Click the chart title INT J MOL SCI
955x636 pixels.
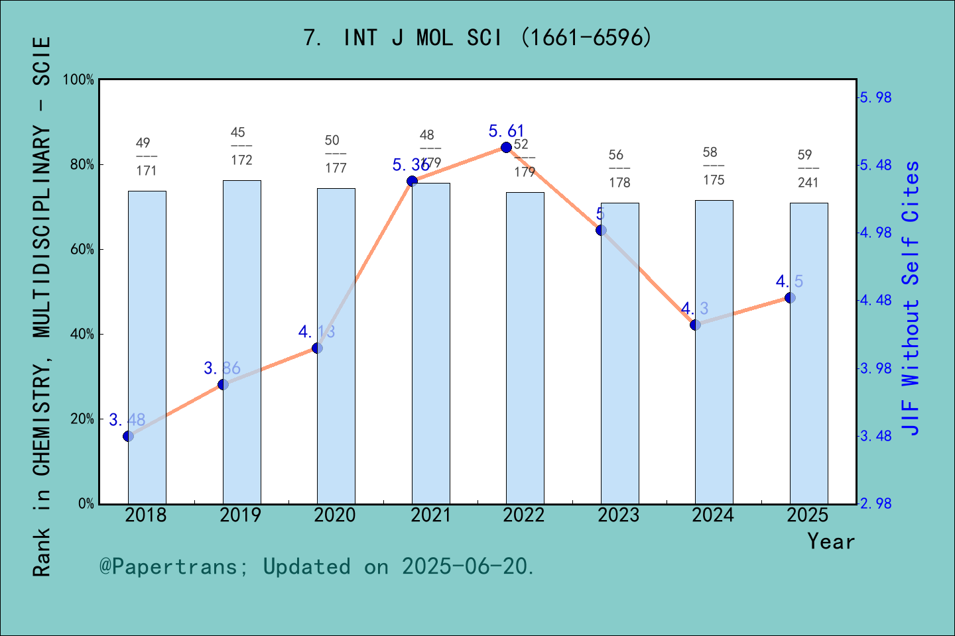477,38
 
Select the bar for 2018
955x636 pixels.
147,347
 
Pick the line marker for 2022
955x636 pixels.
506,147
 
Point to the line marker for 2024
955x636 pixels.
695,325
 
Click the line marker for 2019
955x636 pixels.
223,384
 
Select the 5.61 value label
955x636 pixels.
506,131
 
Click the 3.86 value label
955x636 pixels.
222,368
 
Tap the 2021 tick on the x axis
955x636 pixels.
430,515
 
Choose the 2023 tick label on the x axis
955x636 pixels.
619,515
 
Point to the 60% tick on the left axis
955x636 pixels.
82,250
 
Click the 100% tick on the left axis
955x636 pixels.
79,79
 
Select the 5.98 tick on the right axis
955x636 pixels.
875,97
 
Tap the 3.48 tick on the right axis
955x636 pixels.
875,436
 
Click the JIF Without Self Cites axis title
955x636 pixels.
911,298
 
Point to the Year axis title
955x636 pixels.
831,542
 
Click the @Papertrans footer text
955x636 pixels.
317,566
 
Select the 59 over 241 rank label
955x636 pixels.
807,169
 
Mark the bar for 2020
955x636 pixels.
336,346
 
